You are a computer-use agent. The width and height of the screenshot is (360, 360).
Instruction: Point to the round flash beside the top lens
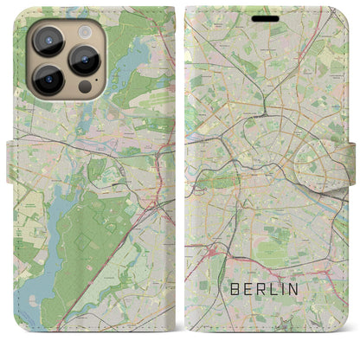pos(86,31)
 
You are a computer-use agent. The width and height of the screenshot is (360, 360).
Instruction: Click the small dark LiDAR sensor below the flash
pos(85,87)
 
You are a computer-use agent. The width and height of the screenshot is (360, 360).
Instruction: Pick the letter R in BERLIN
pos(267,287)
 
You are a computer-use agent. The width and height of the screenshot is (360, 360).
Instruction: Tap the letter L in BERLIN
pos(280,287)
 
